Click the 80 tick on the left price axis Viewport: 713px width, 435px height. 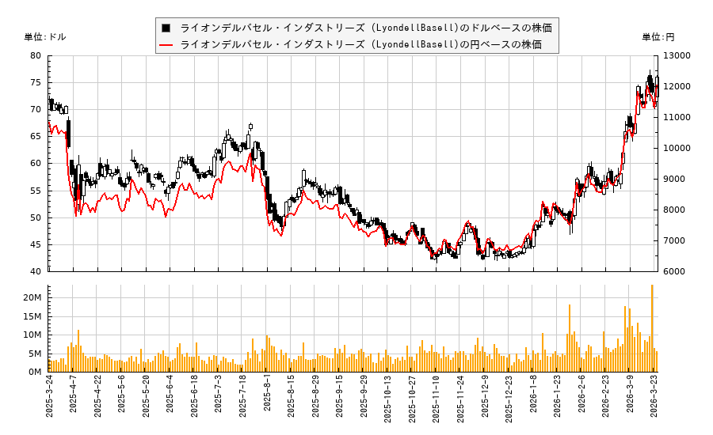(x=36, y=55)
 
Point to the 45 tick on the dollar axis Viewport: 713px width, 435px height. (x=36, y=244)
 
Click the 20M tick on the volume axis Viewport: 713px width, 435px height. (x=32, y=297)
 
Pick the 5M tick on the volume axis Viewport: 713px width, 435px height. (x=36, y=354)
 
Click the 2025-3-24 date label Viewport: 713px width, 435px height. (x=49, y=399)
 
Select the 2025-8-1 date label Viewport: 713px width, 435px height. (x=267, y=399)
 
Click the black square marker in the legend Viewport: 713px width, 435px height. (x=166, y=28)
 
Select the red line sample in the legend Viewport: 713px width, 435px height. (x=166, y=44)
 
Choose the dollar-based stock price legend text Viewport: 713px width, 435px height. (x=365, y=28)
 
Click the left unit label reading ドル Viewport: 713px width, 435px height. (x=46, y=37)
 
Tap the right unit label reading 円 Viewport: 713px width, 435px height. (x=658, y=37)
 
